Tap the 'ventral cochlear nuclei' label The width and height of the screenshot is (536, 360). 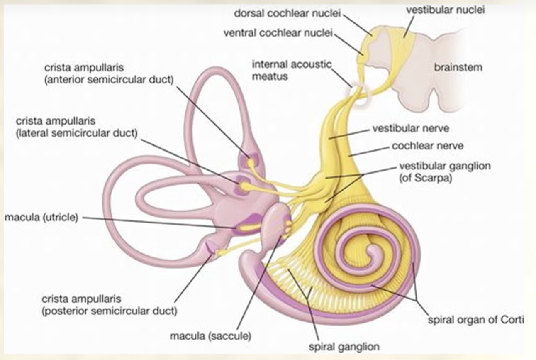[278, 33]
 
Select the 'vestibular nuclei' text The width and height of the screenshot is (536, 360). [445, 10]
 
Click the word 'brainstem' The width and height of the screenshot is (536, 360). [458, 67]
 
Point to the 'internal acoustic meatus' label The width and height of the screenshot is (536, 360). [292, 70]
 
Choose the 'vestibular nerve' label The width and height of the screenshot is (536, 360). [410, 128]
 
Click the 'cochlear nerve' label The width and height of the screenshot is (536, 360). [428, 146]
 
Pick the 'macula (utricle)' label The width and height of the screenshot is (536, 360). [41, 217]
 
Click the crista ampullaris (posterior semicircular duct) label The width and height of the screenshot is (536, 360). [109, 304]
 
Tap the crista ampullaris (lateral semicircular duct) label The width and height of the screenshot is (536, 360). [77, 127]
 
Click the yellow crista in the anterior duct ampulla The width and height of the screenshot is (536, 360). [251, 162]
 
